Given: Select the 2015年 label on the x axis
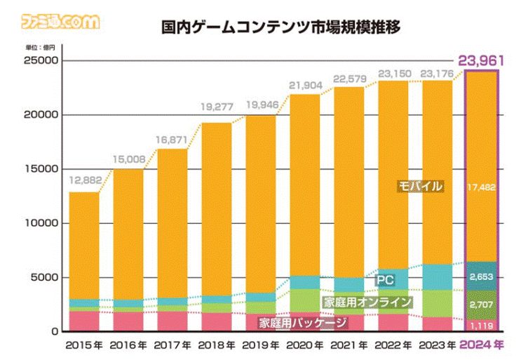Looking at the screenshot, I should pos(85,345).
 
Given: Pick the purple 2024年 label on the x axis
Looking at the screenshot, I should pos(483,345).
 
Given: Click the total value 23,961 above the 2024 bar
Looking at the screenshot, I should pos(483,60).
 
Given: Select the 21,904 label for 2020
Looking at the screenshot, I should pos(305,84).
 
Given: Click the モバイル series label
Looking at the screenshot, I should pos(419,187).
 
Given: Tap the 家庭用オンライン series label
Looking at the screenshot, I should pos(367,302).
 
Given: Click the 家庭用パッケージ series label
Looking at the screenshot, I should pos(303,323).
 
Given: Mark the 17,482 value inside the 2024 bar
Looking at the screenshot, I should pos(483,187).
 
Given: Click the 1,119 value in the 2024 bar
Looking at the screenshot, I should pos(483,324).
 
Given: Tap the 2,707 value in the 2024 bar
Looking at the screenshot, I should pos(483,305).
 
